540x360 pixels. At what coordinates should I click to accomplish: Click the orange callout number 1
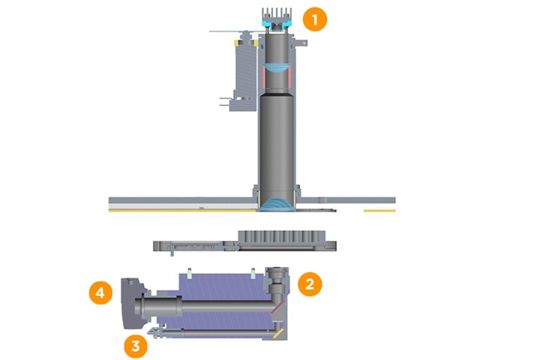[315, 19]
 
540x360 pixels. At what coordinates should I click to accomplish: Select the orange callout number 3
[136, 346]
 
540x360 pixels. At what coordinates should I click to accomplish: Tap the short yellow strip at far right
[379, 211]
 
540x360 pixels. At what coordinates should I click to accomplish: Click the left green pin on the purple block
[191, 269]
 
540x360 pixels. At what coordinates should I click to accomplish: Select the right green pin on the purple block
[254, 269]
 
